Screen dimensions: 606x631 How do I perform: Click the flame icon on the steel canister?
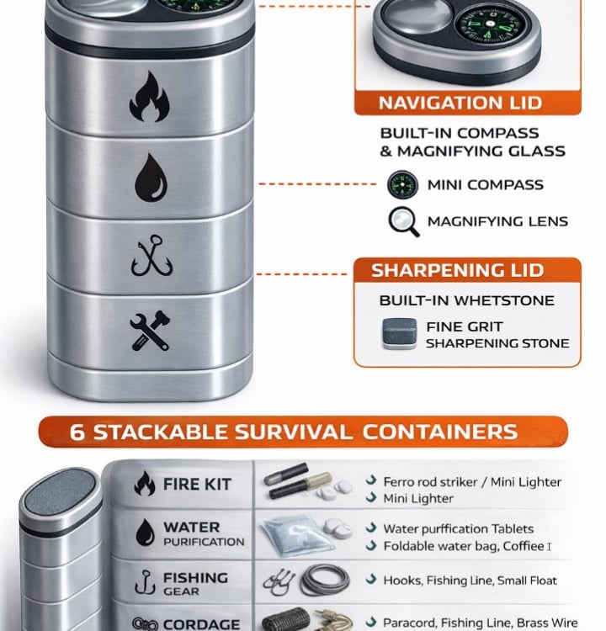149,97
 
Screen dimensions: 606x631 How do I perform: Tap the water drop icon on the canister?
151,178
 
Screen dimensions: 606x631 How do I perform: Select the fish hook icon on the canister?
151,256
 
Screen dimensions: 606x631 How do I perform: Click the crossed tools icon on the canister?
150,331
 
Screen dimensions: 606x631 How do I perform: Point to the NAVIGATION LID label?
460,103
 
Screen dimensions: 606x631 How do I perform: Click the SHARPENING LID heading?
457,270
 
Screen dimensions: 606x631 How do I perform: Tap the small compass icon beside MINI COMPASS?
402,185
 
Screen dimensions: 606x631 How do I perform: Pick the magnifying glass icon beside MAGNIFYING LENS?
404,221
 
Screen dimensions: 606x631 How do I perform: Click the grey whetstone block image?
399,333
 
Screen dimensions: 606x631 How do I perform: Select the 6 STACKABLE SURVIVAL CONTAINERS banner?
303,432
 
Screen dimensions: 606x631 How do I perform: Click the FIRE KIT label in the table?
197,484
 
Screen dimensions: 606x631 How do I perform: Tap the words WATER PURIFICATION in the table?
204,534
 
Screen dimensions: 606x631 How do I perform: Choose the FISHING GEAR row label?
195,584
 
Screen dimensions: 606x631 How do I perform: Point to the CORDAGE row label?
201,624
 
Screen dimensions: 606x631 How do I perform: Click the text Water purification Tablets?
458,529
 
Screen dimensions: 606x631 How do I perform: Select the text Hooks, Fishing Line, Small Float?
470,581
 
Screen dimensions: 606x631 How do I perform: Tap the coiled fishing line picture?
325,581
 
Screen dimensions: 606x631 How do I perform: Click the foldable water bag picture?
297,536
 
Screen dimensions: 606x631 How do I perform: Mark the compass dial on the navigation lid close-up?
489,25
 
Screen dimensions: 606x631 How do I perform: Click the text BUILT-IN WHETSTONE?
466,300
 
